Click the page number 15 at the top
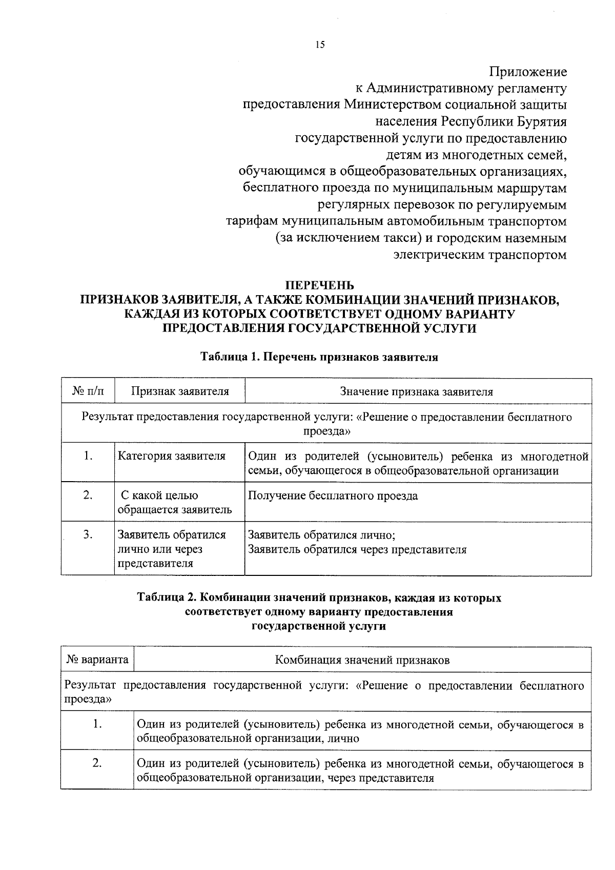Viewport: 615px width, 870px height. pyautogui.click(x=320, y=46)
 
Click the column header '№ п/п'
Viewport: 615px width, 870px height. pyautogui.click(x=88, y=392)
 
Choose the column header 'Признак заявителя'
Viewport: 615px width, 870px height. pyautogui.click(x=180, y=392)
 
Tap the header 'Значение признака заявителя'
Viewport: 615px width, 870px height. pyautogui.click(x=417, y=392)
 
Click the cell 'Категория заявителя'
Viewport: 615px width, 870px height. pyautogui.click(x=172, y=456)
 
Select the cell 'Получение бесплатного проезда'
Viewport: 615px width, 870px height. pyautogui.click(x=333, y=496)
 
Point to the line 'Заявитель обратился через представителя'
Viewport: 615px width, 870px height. pyautogui.click(x=357, y=550)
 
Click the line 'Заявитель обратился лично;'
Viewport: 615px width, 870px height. pyautogui.click(x=321, y=536)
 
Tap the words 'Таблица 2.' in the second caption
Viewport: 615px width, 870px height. pyautogui.click(x=167, y=598)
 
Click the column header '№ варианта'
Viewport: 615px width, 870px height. pyautogui.click(x=97, y=660)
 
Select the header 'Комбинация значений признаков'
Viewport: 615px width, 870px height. pyautogui.click(x=362, y=660)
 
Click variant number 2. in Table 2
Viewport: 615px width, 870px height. pyautogui.click(x=97, y=764)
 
